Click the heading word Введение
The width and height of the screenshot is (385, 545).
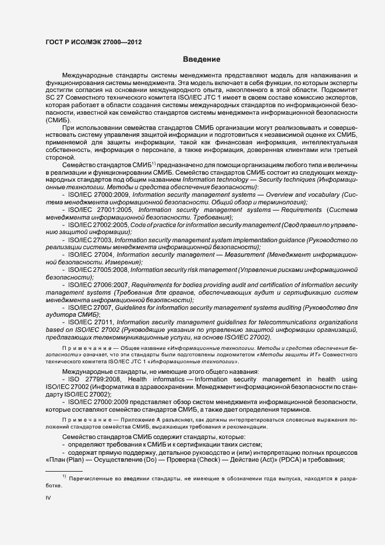point(201,59)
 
